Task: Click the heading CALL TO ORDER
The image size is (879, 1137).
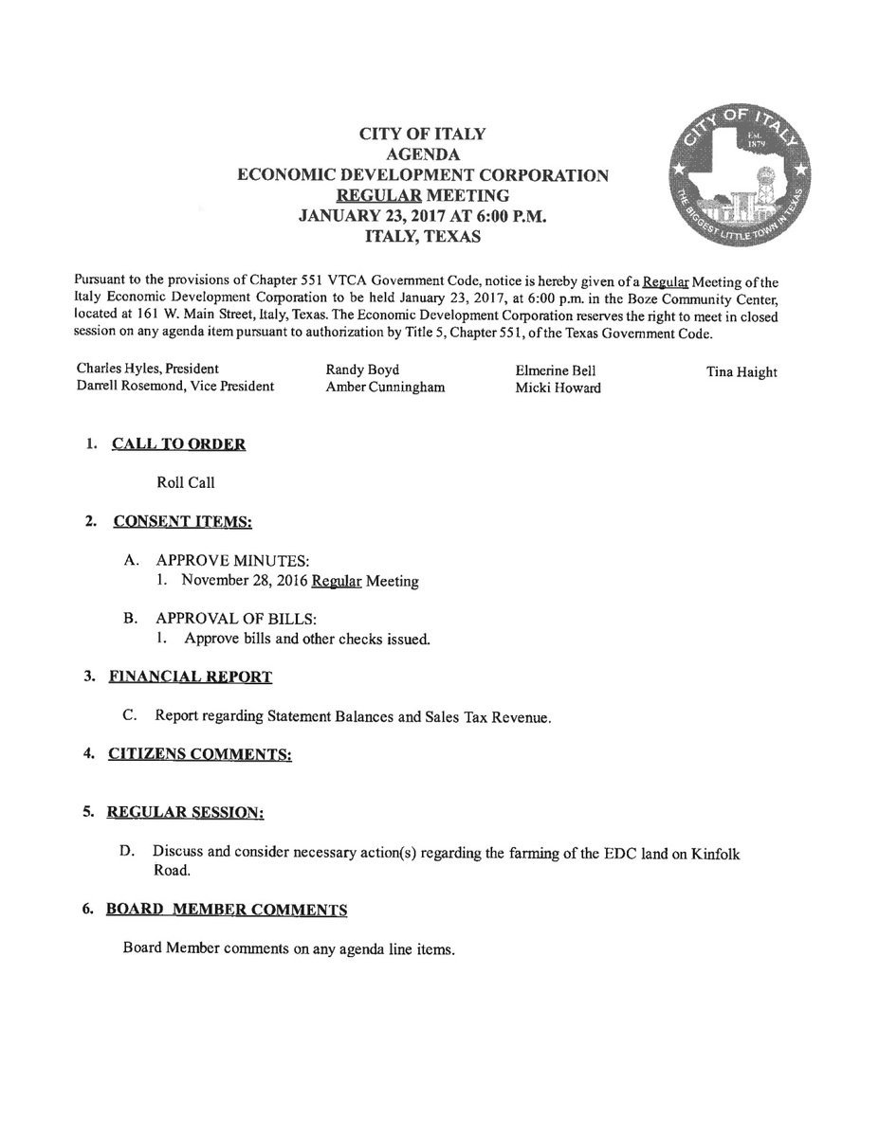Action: (x=178, y=443)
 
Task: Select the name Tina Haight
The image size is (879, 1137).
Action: (x=742, y=372)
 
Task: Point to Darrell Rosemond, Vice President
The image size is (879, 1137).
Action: (x=175, y=387)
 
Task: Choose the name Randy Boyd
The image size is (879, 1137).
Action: (x=362, y=370)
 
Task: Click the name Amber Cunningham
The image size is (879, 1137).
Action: (x=385, y=388)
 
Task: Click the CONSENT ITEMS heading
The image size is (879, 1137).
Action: (x=182, y=520)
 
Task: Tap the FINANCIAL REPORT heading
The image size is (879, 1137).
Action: (x=191, y=677)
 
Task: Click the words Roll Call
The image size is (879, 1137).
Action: (x=186, y=482)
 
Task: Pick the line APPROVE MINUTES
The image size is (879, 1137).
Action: (x=233, y=561)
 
